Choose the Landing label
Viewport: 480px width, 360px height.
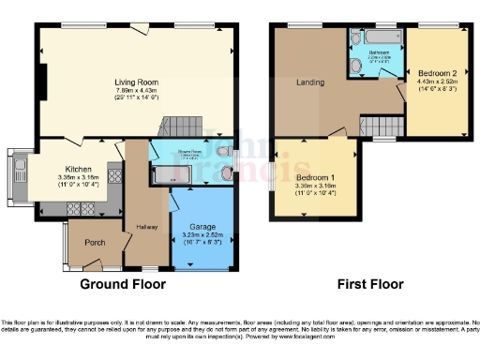[x=311, y=82]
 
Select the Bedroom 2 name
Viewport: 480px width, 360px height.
[x=436, y=71]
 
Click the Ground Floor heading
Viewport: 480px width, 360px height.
[x=122, y=283]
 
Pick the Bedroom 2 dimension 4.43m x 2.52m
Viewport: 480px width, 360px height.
[x=436, y=81]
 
